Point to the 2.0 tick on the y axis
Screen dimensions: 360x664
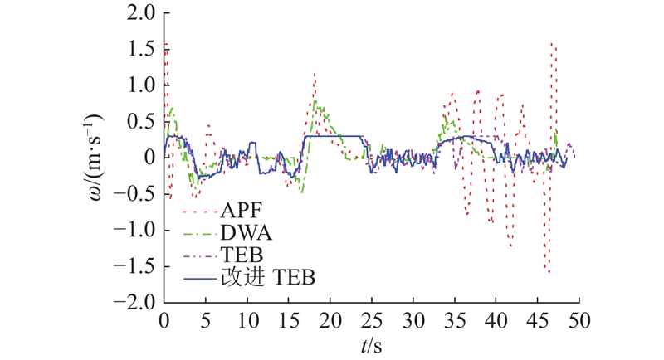tap(140, 13)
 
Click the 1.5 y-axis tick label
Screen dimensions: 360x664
tap(140, 49)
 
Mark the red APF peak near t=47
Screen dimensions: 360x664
tap(553, 43)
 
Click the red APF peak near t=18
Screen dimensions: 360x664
tap(315, 74)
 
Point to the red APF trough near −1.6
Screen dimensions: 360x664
tap(549, 272)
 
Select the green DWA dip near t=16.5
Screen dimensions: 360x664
tap(300, 192)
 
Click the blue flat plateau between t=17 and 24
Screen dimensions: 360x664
tap(334, 135)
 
